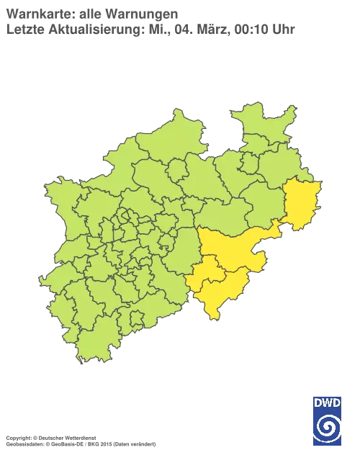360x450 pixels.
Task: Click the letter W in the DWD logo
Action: [x=327, y=402]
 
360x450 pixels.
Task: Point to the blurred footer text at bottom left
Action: [x=79, y=438]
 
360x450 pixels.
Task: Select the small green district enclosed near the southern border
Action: [x=133, y=317]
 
